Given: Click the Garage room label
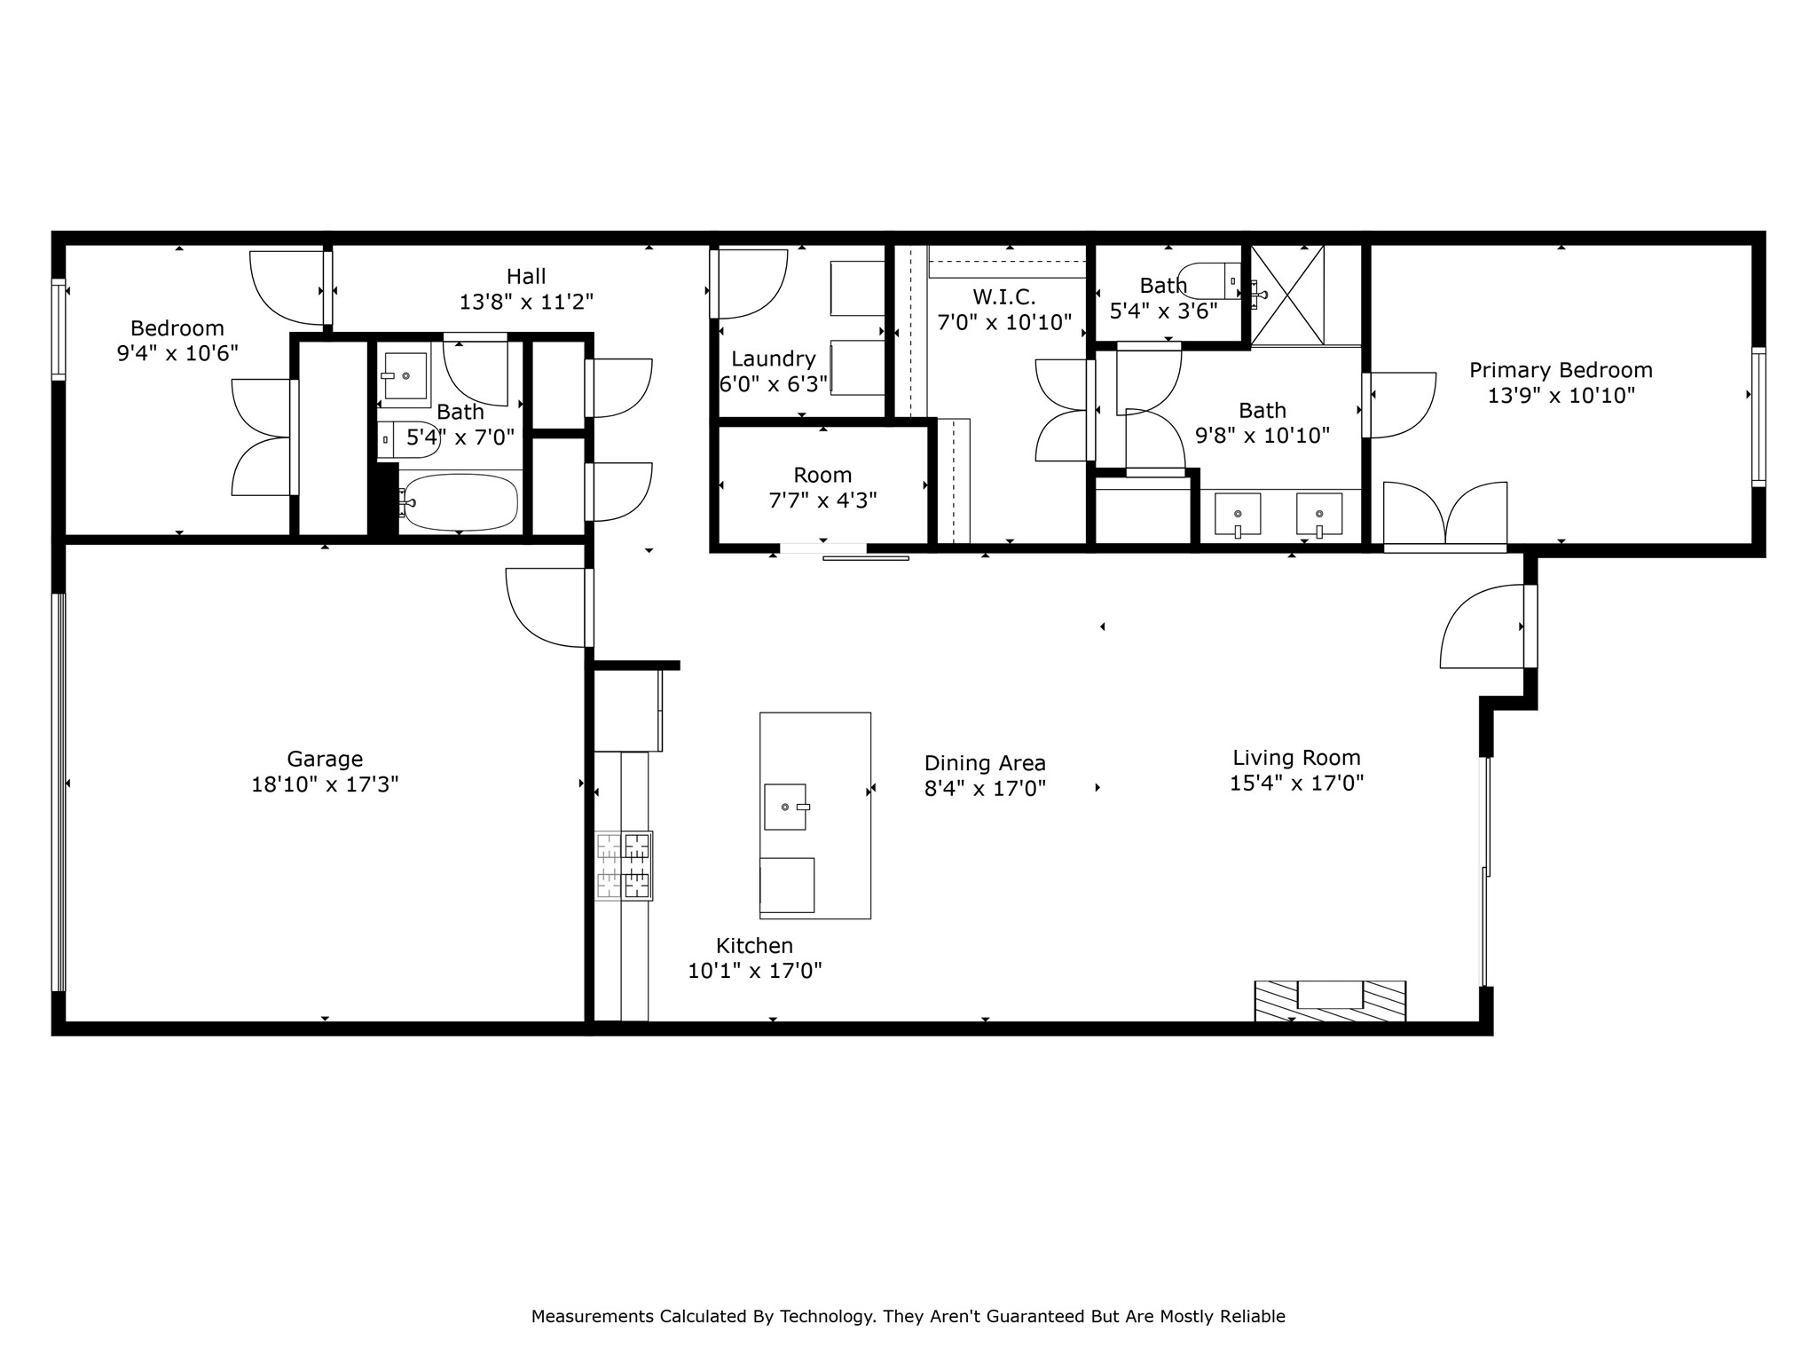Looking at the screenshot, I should point(325,759).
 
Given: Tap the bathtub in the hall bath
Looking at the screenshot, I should point(459,502).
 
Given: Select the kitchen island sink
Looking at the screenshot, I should point(785,807).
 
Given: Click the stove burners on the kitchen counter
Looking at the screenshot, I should point(624,866).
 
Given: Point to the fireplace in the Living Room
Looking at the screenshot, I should point(1330,1000).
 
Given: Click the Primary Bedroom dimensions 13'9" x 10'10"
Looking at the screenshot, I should point(1561,396).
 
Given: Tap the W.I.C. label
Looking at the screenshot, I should point(1003,296).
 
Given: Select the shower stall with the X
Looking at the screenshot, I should point(1287,295).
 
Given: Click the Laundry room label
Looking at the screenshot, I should point(773,358).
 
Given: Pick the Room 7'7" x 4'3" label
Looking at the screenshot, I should point(822,475).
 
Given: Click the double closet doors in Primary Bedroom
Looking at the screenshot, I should point(1445,514).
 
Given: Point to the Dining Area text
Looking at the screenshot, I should point(985,763).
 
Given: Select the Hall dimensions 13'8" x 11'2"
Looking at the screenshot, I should point(526,302).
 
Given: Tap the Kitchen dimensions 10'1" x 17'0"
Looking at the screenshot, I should point(755,971).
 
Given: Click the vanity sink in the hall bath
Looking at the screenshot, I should point(405,375).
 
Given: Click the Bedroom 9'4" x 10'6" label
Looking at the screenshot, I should point(177,328).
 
